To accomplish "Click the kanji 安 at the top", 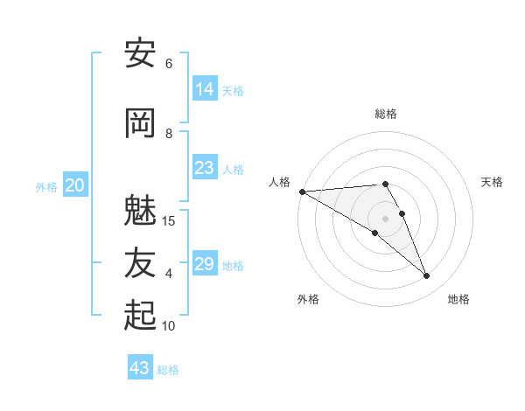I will tap(140, 53).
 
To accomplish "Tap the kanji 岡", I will tap(140, 123).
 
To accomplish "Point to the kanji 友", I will tap(140, 263).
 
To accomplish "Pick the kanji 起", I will tap(140, 316).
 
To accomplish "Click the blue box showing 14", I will tap(205, 88).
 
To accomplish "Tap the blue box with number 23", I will tap(205, 168).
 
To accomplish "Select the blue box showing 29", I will tap(205, 264).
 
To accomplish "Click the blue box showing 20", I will tap(75, 185).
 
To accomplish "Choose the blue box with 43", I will tap(140, 368).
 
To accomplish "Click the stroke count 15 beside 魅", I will tap(169, 220).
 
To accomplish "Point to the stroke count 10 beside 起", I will tap(169, 326).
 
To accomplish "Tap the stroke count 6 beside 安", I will tap(169, 63).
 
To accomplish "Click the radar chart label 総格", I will tap(386, 114).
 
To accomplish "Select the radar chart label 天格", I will tap(493, 182).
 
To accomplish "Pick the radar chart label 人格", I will tap(279, 182).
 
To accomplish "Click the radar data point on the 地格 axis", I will tap(427, 276).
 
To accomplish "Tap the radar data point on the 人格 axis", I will tap(302, 192).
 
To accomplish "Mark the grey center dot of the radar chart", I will tap(386, 219).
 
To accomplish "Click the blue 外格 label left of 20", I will tap(46, 186).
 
